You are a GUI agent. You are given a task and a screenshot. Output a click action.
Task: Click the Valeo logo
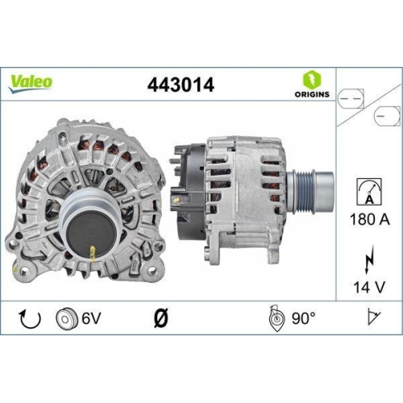31,81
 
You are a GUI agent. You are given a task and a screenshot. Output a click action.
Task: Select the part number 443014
181,84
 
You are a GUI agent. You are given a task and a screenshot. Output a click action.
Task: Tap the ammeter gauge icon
368,191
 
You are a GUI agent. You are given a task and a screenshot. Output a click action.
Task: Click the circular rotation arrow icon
30,320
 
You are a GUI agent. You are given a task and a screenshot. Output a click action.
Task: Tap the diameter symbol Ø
159,320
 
